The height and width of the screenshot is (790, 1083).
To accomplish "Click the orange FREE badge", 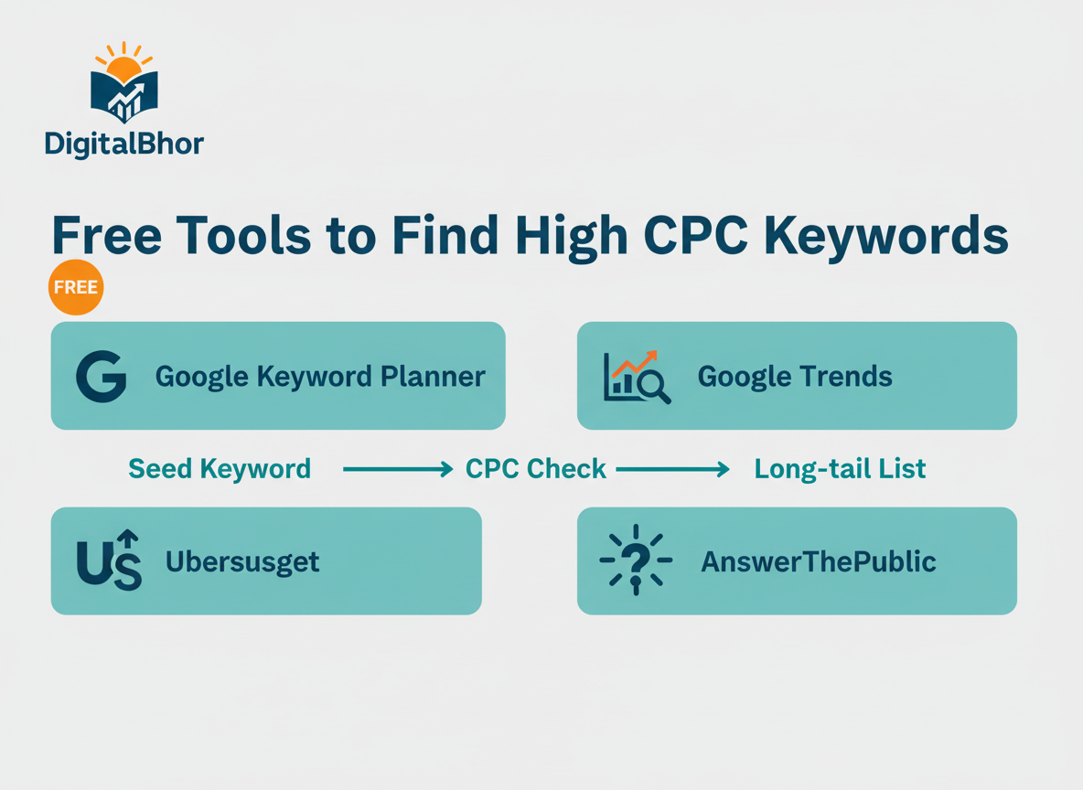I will click(76, 287).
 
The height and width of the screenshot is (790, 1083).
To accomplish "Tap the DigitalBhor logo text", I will click(123, 144).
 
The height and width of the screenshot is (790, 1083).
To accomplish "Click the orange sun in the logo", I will click(124, 68).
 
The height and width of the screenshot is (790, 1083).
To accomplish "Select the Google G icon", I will click(101, 376).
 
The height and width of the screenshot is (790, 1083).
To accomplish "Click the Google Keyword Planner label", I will click(320, 376).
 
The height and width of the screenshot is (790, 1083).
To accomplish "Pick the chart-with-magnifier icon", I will click(637, 376).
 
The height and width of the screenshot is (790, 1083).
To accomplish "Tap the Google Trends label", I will click(795, 376).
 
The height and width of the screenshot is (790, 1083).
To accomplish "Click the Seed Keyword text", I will click(220, 469).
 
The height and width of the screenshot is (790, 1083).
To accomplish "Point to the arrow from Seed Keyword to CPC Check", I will click(397, 469).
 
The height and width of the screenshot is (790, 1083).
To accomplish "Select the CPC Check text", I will click(535, 469).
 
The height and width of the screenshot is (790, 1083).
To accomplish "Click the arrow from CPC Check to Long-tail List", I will click(672, 469).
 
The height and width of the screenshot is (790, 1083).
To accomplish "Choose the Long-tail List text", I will click(840, 469).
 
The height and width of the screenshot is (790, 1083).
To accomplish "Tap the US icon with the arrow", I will click(110, 560).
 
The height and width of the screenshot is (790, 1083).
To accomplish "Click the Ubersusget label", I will click(242, 560).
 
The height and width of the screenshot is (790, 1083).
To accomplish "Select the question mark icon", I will click(635, 560).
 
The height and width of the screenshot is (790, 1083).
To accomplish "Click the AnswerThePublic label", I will click(818, 560).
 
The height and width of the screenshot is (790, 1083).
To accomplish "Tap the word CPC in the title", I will click(692, 235).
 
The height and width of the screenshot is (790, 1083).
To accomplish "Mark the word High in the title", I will click(572, 237).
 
